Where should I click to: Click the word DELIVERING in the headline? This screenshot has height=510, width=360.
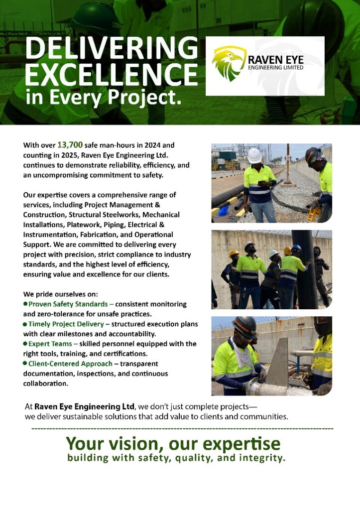point(112,48)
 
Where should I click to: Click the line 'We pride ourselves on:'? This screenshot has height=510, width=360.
point(61,294)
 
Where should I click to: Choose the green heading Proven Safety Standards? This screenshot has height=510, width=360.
point(68,304)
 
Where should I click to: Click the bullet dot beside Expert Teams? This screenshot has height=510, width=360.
point(25,344)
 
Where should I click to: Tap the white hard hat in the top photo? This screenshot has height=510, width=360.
point(254,155)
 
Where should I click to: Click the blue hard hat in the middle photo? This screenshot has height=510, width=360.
point(296,248)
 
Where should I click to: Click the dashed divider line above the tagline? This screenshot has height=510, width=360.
point(182,428)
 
